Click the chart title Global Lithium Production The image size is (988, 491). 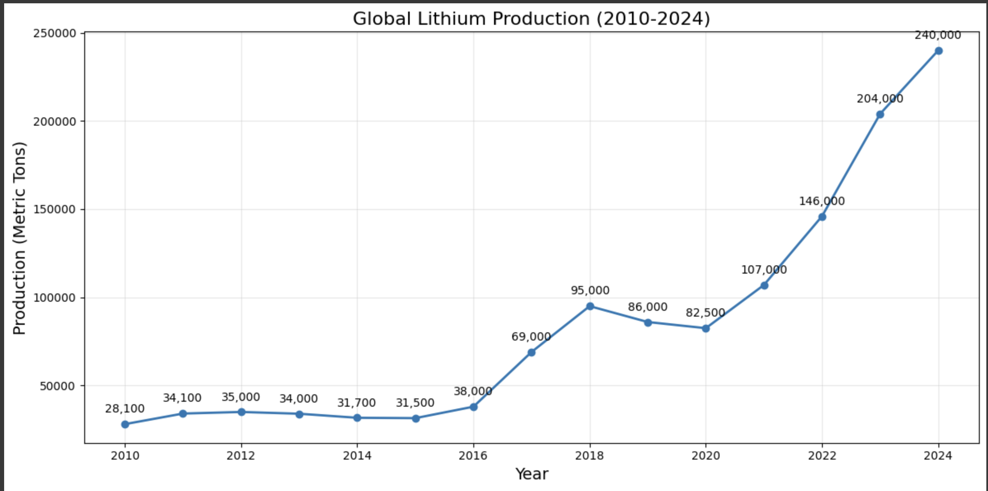point(531,19)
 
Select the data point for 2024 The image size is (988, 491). point(938,51)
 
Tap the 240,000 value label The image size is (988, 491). point(938,36)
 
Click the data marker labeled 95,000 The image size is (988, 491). point(590,306)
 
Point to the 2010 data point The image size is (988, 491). point(125,424)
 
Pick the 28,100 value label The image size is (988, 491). point(125,409)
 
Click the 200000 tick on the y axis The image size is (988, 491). point(55,122)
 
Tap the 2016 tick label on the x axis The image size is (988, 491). point(473,456)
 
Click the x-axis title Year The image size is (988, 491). point(532,474)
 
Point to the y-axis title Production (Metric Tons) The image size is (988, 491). point(19,238)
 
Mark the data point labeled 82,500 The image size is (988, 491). point(706,329)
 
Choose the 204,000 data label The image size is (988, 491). point(880,99)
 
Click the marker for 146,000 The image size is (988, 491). point(822,217)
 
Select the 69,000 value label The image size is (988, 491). point(531,337)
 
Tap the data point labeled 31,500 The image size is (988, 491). point(416,419)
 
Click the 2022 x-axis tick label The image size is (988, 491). point(822,456)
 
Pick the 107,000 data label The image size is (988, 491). point(764,270)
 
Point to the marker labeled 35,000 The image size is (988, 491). point(242,412)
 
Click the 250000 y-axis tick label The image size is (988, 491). point(55,33)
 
